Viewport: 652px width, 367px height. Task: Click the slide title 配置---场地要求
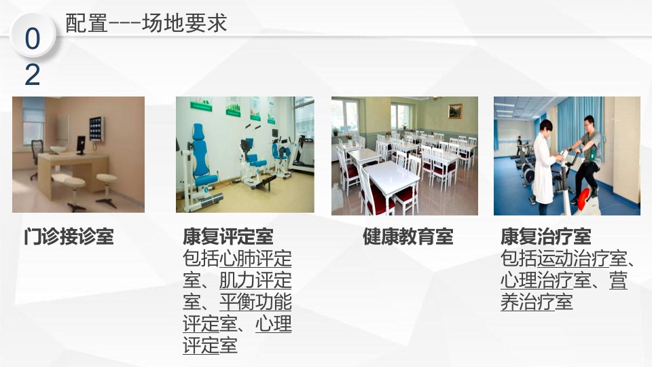pos(146,23)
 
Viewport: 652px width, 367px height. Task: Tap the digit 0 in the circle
pos(33,39)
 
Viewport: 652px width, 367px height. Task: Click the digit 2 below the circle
pos(33,75)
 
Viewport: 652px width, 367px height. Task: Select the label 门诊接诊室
pos(69,237)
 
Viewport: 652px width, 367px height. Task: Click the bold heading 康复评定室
pos(228,237)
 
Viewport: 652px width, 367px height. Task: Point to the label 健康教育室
pos(408,237)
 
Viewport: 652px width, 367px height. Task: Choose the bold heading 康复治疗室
pos(545,237)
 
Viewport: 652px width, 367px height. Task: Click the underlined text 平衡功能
pos(255,302)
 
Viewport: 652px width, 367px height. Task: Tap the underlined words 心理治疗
pos(537,280)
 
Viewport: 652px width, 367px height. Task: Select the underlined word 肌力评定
pos(255,280)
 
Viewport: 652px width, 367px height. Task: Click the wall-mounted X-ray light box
pos(96,129)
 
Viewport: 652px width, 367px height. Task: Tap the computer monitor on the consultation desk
pos(81,145)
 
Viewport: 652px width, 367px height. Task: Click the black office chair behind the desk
pos(37,156)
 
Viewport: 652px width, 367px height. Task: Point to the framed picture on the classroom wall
pos(455,111)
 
